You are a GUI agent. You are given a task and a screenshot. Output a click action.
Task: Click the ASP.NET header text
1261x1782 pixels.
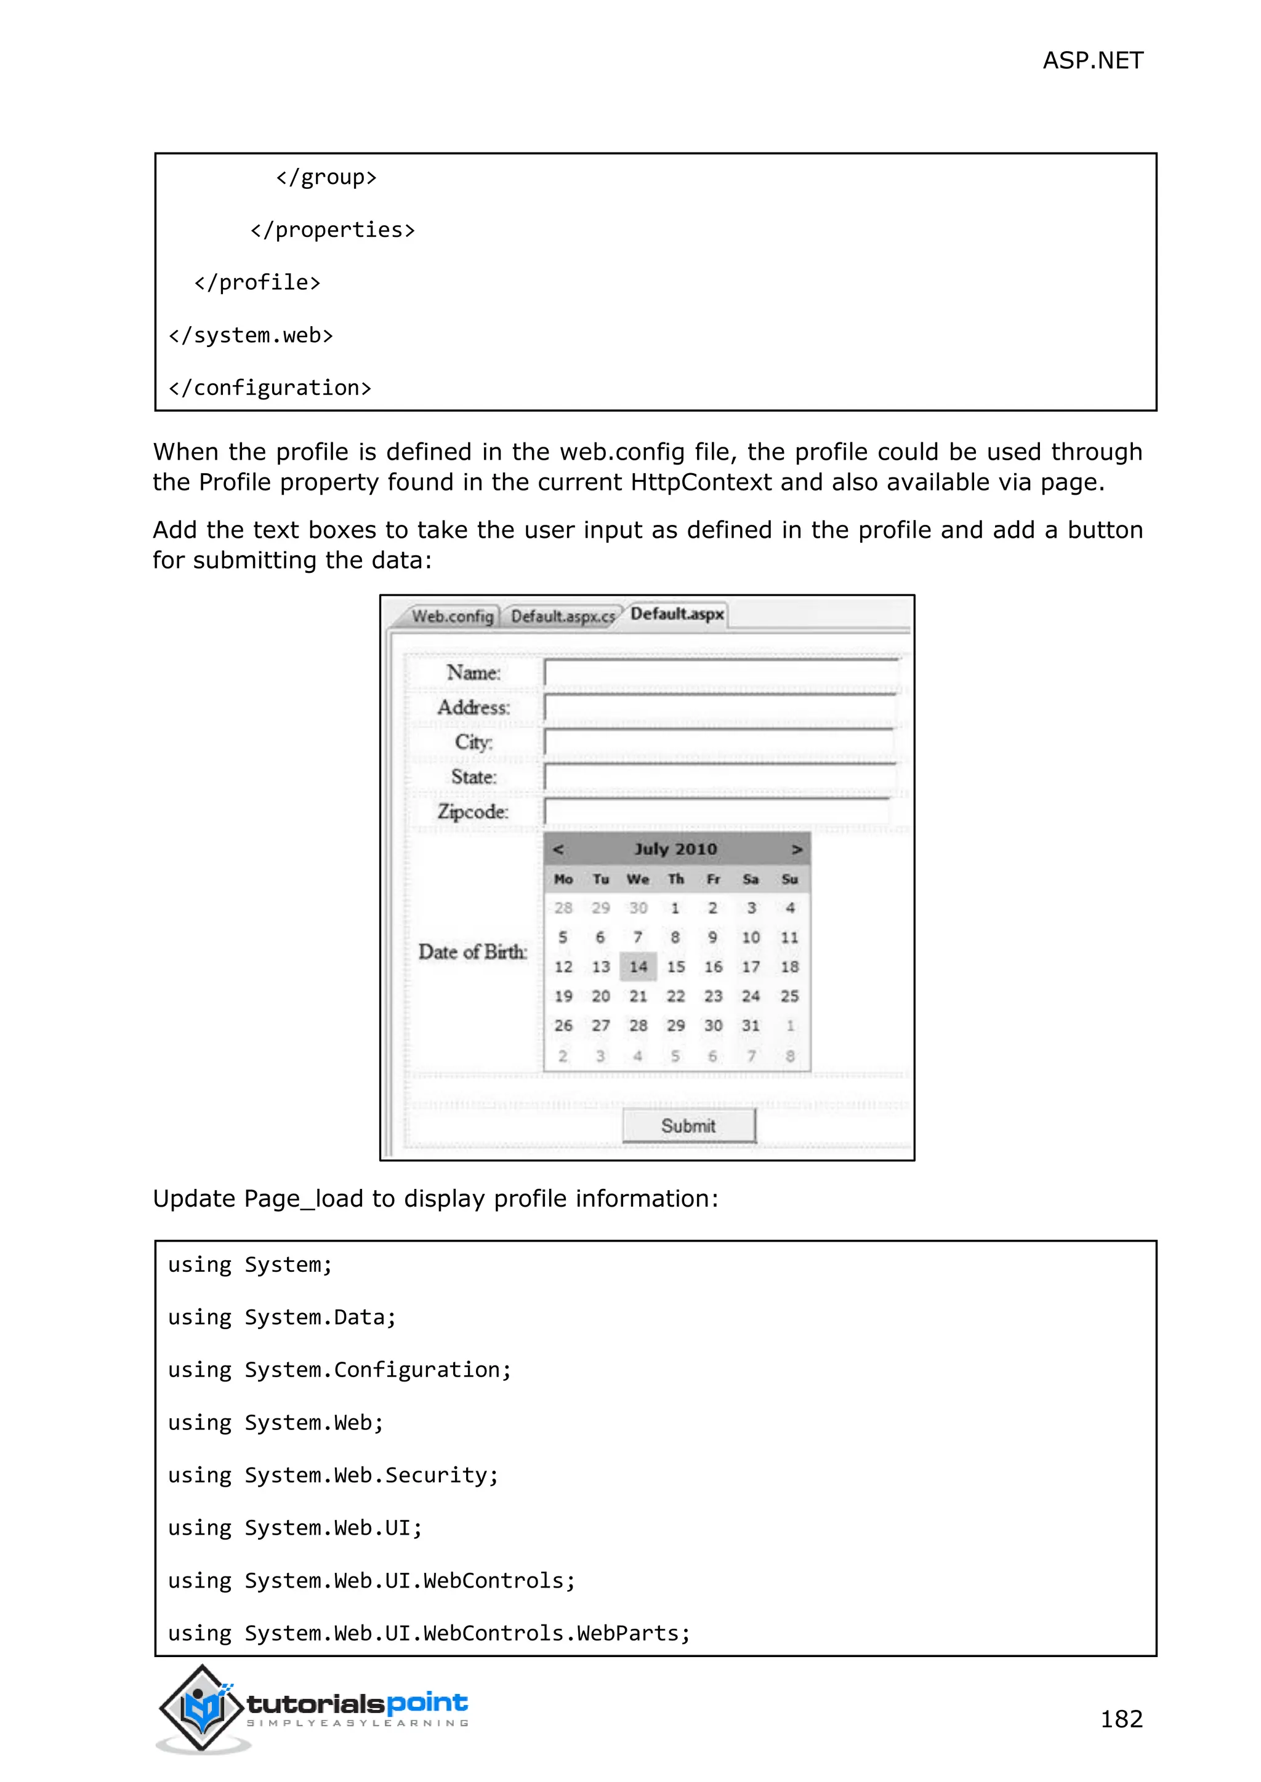coord(1092,60)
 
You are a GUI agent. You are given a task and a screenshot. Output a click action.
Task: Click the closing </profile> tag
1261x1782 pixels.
coord(257,282)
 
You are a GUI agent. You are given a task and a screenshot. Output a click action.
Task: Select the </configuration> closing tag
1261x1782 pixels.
coord(270,387)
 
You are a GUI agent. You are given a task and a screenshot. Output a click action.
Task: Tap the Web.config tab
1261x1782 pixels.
coord(452,616)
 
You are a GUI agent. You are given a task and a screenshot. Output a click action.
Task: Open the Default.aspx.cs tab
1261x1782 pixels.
coord(562,616)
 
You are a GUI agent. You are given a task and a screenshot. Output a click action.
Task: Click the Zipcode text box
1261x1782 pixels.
coord(716,812)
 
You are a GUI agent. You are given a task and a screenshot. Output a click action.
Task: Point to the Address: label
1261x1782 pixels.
coord(473,707)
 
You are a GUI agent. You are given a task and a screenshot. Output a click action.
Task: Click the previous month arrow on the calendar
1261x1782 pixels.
coord(557,849)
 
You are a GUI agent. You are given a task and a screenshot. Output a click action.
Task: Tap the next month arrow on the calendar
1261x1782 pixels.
coord(797,849)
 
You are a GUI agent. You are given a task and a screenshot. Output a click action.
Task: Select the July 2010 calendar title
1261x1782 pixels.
coord(675,849)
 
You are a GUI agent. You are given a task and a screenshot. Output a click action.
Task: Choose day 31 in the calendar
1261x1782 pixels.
coord(750,1026)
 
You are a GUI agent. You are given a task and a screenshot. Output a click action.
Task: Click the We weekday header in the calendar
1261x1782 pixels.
coord(637,879)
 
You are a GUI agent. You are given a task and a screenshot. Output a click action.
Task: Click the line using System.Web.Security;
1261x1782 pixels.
coord(333,1475)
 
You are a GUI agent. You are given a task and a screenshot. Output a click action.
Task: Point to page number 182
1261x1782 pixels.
coord(1121,1719)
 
